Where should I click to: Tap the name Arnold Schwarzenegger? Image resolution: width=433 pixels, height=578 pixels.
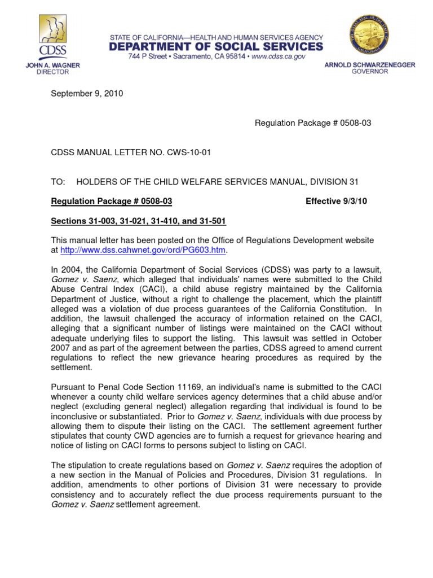pos(369,65)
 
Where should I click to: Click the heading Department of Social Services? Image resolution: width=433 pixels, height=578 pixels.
pos(216,46)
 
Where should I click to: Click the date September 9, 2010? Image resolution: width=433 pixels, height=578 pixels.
pos(87,94)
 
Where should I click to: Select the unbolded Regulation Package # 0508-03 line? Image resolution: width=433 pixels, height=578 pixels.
pos(313,122)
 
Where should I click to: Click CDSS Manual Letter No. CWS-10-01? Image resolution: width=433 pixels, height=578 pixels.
pos(125,152)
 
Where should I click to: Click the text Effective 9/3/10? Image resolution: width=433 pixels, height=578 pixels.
pos(336,201)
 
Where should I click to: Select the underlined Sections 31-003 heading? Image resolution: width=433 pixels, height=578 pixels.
pos(139,220)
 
